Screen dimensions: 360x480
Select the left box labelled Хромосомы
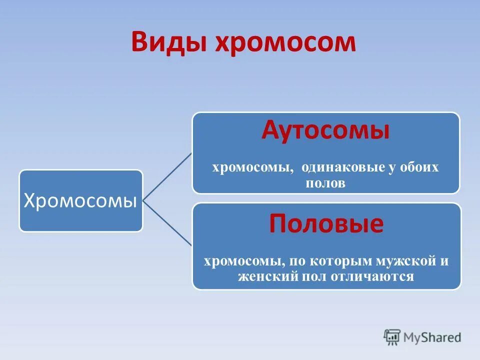coord(81,200)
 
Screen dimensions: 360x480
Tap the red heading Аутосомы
coord(325,131)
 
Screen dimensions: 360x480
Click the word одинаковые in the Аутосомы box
coord(342,167)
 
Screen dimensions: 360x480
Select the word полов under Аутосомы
coord(325,183)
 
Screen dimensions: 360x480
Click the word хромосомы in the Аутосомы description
coord(252,167)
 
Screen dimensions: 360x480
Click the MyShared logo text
coord(432,338)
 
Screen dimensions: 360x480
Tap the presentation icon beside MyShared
coord(392,337)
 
